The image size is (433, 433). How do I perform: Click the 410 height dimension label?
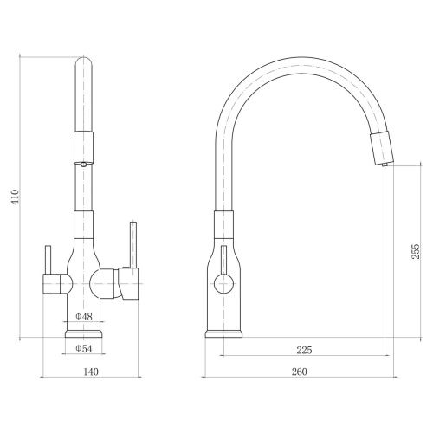[15, 197]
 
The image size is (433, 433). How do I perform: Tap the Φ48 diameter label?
[84, 317]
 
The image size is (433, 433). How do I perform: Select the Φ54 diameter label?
[84, 349]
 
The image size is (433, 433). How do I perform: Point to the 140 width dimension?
[91, 372]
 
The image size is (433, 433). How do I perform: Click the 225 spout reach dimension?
[305, 350]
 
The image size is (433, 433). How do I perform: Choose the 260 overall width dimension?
[300, 372]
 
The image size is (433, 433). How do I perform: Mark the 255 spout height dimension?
[416, 251]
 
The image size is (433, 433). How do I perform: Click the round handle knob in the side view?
[223, 283]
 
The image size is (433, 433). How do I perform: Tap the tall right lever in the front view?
[133, 245]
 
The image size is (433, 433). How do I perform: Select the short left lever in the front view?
[48, 260]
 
